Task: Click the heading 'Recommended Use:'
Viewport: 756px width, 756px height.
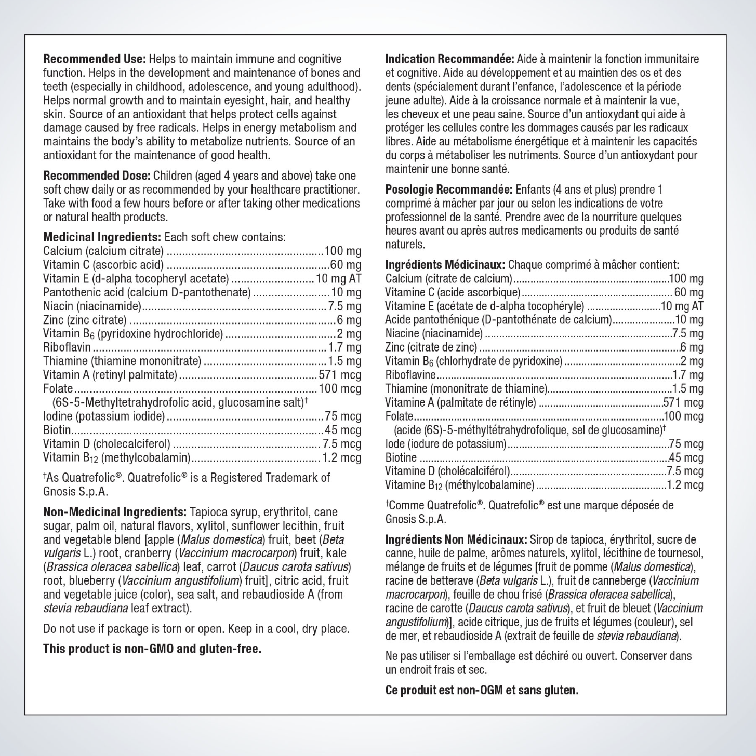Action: [95, 59]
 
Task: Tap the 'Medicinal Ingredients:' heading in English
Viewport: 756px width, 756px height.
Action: [102, 237]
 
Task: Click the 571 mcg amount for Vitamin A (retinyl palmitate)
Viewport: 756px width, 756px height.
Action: [340, 375]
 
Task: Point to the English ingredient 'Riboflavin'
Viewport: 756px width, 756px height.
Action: [67, 347]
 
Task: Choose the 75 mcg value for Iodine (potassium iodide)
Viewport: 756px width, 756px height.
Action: [343, 416]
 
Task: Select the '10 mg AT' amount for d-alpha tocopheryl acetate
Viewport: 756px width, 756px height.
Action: [338, 279]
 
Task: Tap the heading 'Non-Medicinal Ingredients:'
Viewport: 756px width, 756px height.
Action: [115, 512]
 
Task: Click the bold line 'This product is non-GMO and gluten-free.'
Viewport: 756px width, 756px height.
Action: [152, 649]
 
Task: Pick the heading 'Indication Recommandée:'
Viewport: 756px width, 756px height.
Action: [449, 59]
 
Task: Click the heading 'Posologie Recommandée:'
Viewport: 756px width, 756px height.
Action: [448, 190]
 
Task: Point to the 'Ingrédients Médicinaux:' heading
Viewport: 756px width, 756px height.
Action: [445, 265]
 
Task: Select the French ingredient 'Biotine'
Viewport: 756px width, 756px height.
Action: [401, 457]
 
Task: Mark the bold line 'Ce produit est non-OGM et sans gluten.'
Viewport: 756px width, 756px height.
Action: [482, 690]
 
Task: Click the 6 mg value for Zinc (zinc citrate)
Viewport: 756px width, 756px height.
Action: [349, 320]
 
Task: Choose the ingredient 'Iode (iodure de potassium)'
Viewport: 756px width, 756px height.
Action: [445, 444]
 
